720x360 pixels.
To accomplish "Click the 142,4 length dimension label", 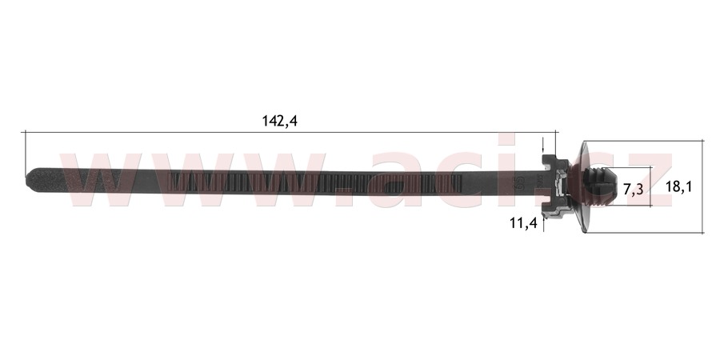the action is (x=280, y=121).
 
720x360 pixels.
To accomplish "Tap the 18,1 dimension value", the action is (x=678, y=186).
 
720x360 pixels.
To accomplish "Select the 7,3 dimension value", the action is (x=634, y=189).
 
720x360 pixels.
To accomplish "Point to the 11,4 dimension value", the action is (x=523, y=223).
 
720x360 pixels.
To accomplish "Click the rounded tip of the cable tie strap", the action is (x=30, y=178).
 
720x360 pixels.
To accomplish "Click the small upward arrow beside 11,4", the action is (x=544, y=223).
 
